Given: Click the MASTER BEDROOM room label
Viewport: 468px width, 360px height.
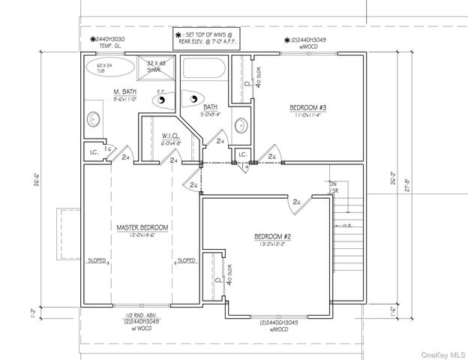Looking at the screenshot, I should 142,228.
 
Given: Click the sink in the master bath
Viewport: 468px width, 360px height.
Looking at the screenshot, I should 93,118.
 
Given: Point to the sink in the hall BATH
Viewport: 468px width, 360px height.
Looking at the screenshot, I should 239,124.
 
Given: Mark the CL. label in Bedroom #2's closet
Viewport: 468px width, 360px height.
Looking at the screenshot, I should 217,280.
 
